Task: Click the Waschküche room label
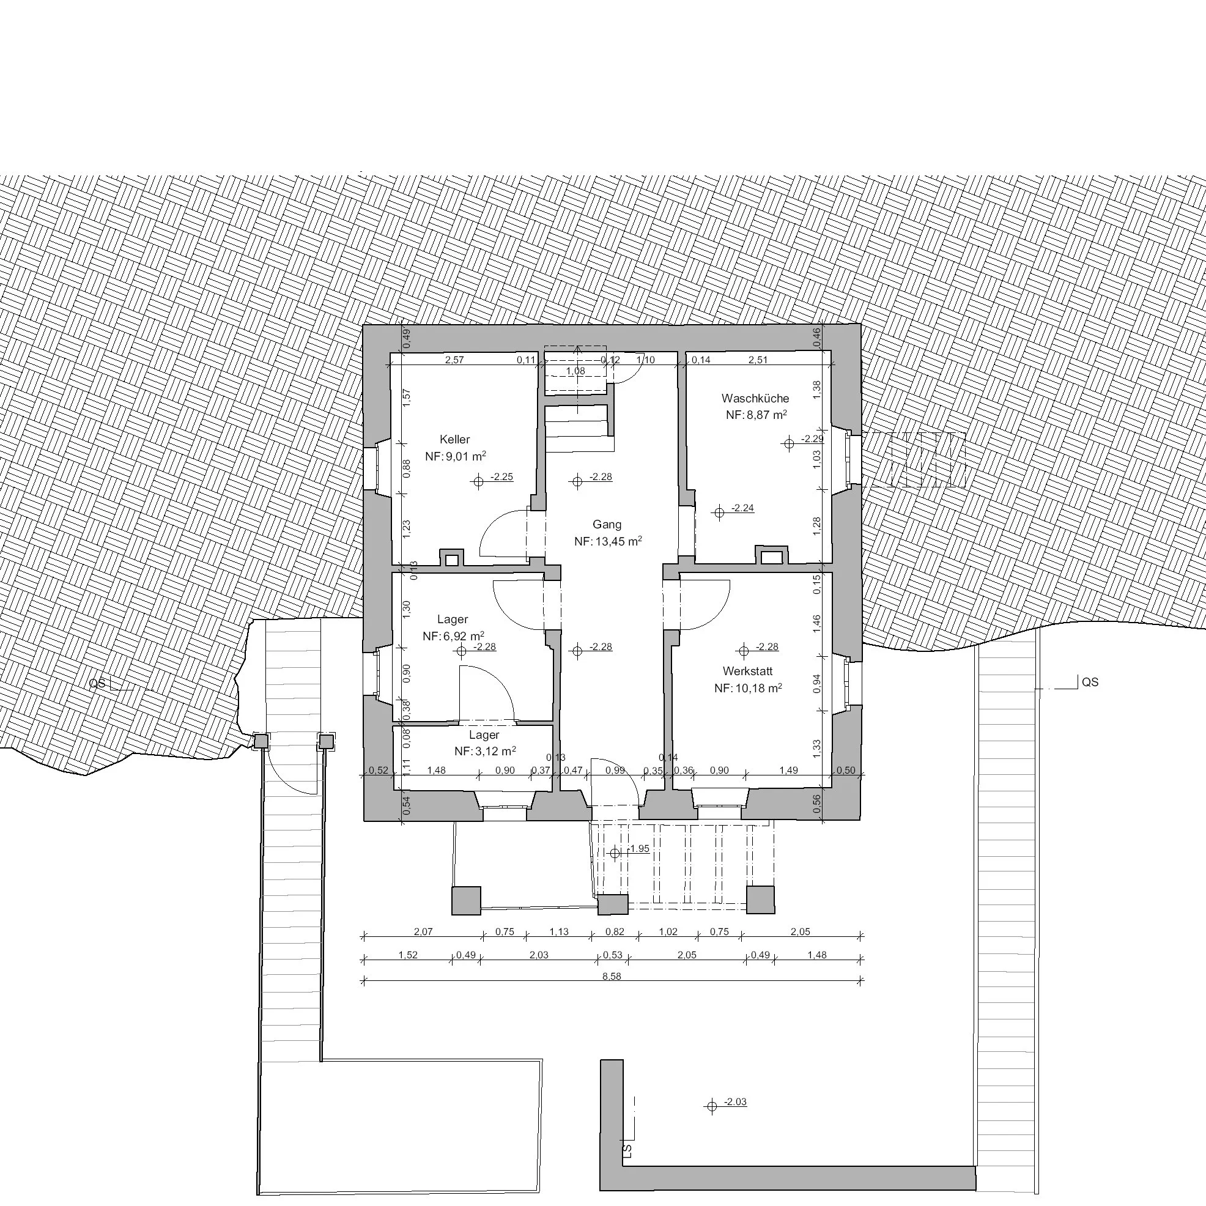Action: tap(755, 398)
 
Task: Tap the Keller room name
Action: tap(454, 440)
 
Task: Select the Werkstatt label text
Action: tap(748, 671)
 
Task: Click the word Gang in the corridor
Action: tap(607, 524)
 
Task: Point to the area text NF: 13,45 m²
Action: tap(608, 541)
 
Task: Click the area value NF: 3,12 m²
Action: tap(485, 752)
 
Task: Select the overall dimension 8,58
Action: tap(612, 976)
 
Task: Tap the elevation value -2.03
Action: tap(735, 1102)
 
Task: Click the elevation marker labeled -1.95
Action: tap(615, 853)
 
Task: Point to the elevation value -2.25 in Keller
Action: tap(502, 477)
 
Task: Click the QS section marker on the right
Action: tap(1089, 683)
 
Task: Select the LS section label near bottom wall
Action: tap(627, 1149)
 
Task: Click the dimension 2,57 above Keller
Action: tap(454, 360)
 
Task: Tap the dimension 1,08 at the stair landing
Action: tap(575, 371)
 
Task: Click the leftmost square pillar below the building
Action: tap(466, 901)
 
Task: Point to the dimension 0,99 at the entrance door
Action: tap(615, 771)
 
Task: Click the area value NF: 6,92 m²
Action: tap(454, 636)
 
